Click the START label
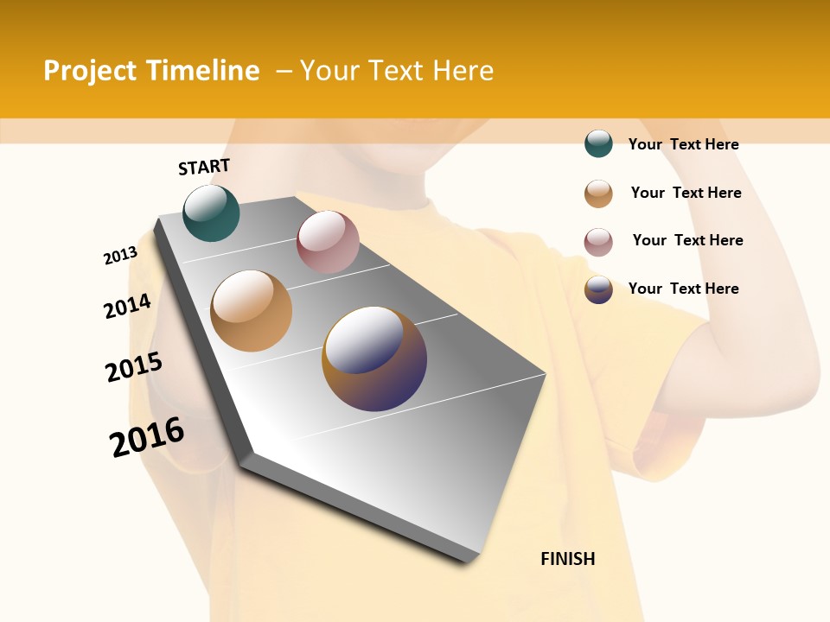(204, 167)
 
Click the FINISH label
(568, 559)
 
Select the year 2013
(120, 256)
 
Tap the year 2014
(127, 307)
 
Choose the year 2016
(147, 437)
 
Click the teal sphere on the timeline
(212, 213)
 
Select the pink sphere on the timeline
(328, 242)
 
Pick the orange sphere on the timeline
(252, 311)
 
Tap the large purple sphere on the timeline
(374, 359)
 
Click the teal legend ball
(598, 144)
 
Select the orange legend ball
(598, 194)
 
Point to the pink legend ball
(598, 242)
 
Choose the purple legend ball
(598, 289)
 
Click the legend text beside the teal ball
(684, 144)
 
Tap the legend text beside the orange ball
(686, 193)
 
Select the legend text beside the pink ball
(688, 240)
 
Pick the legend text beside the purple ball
(684, 289)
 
